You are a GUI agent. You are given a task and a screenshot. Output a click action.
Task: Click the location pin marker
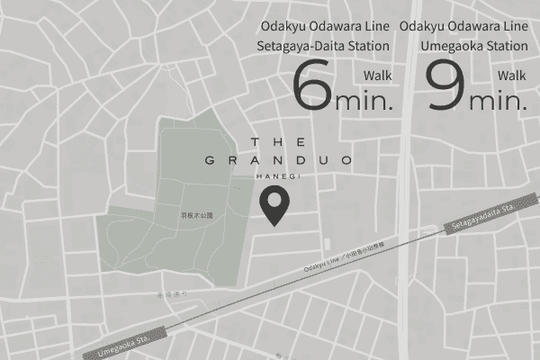274,206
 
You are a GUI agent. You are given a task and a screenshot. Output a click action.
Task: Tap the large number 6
312,88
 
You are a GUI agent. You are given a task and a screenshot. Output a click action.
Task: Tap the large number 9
445,88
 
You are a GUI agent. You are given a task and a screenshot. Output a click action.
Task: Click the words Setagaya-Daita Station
323,46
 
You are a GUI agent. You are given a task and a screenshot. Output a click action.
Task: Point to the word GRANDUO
278,161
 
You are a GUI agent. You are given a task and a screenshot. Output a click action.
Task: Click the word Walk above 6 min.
377,76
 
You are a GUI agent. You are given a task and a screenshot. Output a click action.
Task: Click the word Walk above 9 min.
510,76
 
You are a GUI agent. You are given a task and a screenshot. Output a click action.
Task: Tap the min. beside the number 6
364,100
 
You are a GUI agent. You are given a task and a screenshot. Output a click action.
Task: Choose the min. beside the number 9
497,100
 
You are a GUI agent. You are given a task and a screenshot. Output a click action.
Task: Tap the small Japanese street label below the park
170,293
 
